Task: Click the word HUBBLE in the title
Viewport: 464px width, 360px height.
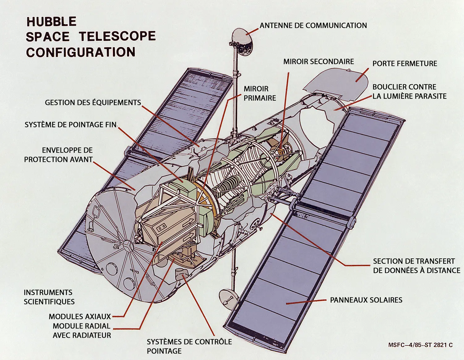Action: tap(51, 22)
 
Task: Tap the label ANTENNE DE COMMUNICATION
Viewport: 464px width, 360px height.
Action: tap(313, 25)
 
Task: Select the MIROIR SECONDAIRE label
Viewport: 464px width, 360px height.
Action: tap(319, 62)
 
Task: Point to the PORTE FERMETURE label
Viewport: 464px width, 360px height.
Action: tap(405, 63)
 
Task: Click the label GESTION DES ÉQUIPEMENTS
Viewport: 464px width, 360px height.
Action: tap(93, 102)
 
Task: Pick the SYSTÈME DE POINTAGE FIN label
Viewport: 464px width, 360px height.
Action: tap(71, 124)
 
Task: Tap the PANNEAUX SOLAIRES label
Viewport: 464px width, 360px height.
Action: tap(366, 300)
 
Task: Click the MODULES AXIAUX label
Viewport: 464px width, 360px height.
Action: tap(79, 316)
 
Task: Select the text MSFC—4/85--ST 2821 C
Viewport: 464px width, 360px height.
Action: tap(420, 345)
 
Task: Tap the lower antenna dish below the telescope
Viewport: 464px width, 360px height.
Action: tap(228, 299)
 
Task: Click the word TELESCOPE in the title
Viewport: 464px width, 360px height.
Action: tap(117, 37)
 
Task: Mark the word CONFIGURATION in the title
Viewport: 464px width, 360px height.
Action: tap(81, 52)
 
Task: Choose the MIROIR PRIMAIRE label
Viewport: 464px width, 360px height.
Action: tap(260, 93)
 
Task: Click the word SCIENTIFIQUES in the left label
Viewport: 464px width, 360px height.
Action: tap(49, 301)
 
